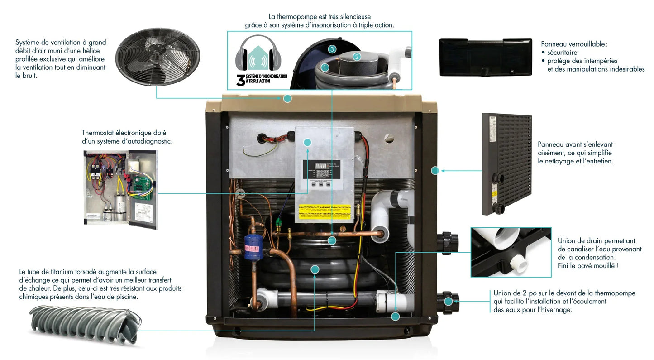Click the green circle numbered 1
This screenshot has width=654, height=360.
coord(325,67)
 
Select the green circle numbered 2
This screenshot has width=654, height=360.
coord(357,57)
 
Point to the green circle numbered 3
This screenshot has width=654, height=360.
coord(332,48)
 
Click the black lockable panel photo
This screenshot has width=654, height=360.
coord(486,57)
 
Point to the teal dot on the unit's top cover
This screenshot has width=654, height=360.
coord(287,98)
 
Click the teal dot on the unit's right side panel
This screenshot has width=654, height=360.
coord(435,171)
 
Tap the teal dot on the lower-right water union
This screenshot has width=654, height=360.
coord(448,301)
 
